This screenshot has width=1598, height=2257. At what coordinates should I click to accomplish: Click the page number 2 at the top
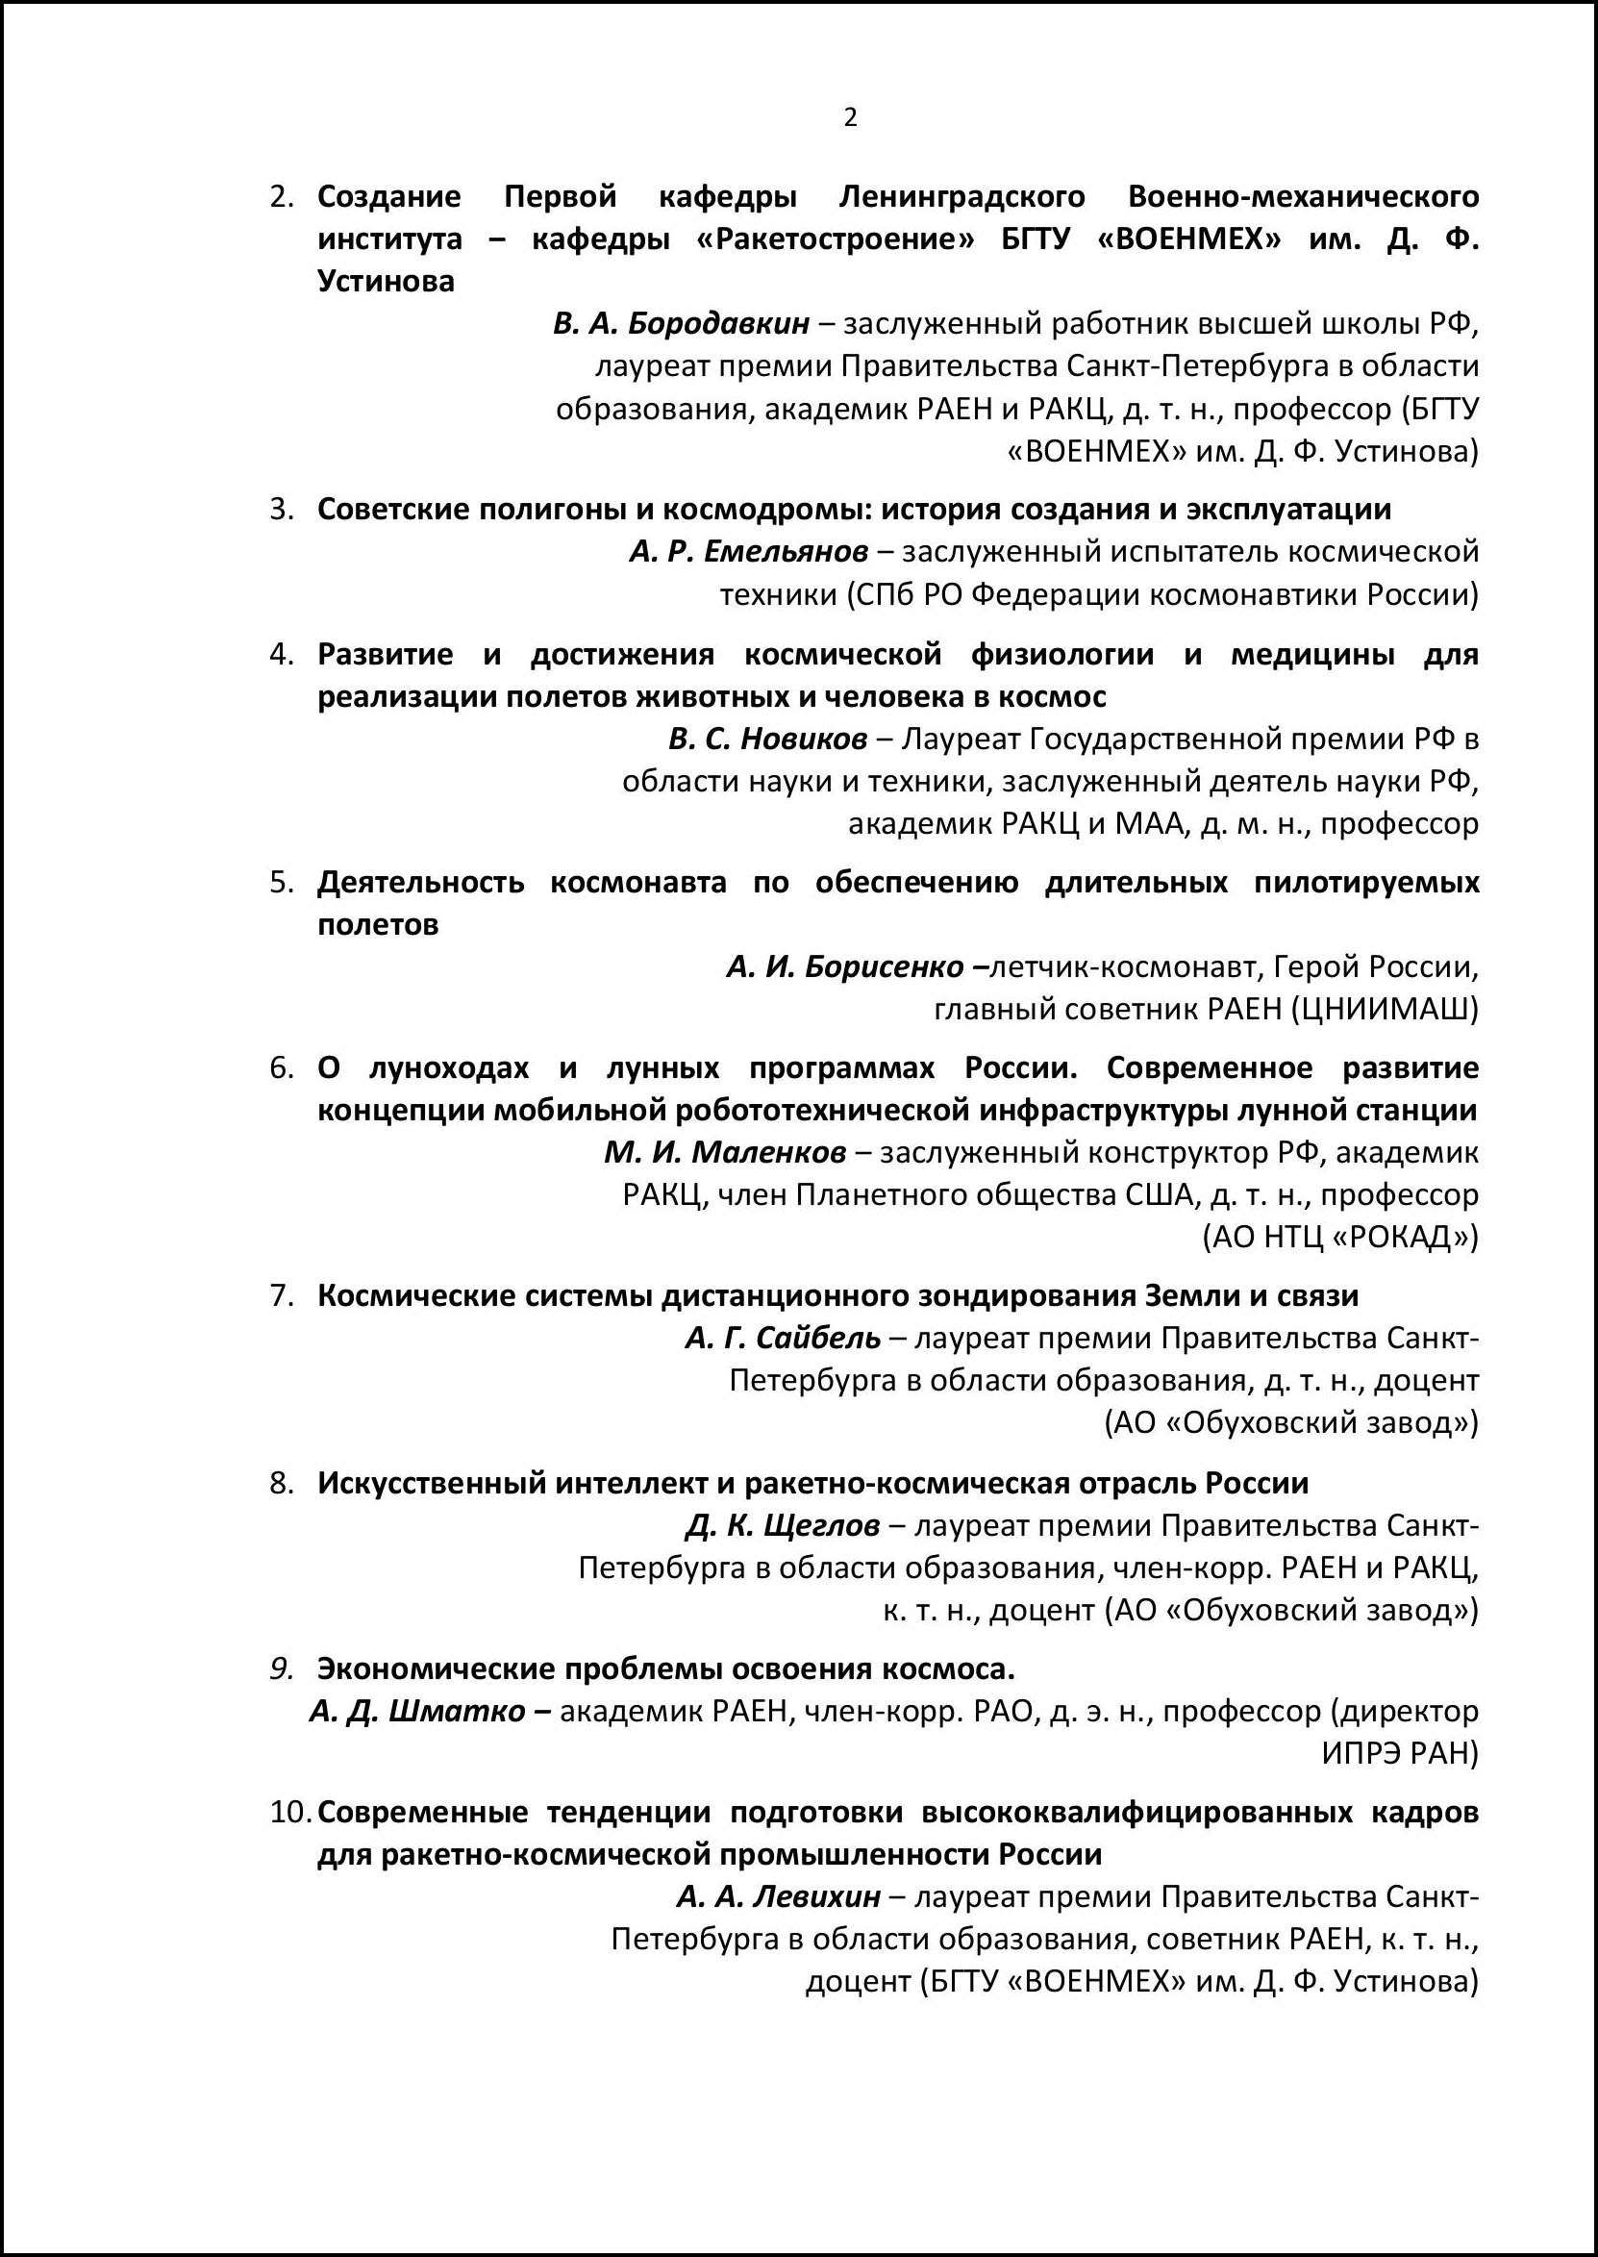pos(850,118)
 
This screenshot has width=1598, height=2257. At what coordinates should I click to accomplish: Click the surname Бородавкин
pos(718,324)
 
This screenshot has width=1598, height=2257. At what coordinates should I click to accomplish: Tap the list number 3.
pos(282,510)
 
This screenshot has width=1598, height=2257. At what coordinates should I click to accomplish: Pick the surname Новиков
pos(804,739)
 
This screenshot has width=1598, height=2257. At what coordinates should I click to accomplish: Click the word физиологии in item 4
pos(1061,654)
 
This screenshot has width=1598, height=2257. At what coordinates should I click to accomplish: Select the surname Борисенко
pos(884,967)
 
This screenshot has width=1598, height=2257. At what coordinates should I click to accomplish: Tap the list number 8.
pos(282,1483)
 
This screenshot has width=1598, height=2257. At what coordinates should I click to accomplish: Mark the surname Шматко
pos(458,1711)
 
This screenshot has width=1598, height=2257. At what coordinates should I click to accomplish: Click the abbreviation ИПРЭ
pos(1358,1753)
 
